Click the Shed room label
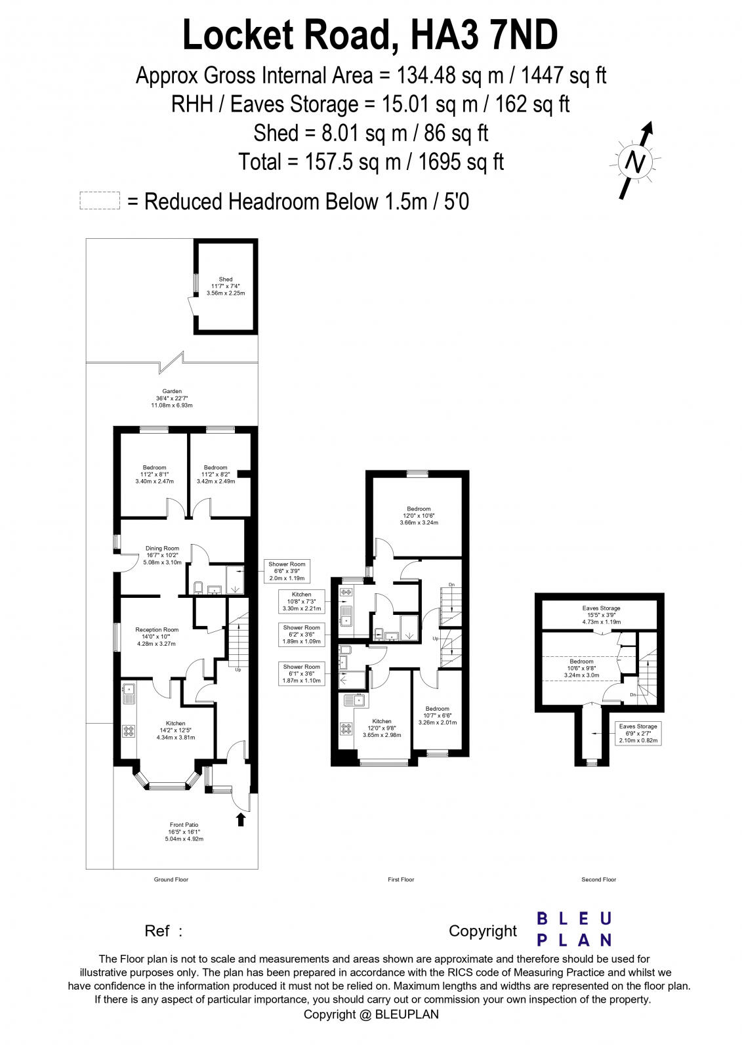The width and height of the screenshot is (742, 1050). click(225, 286)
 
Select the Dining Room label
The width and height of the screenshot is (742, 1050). click(162, 555)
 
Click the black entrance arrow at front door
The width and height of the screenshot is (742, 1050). click(241, 818)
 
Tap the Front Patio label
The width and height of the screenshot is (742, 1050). click(184, 831)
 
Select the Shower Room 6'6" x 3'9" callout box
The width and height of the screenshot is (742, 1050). click(287, 571)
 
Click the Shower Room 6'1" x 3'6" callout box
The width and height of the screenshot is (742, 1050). click(302, 674)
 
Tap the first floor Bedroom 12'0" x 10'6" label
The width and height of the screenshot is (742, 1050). click(419, 516)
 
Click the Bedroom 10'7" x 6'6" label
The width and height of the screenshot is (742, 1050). click(437, 715)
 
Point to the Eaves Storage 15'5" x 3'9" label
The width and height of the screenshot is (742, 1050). click(601, 615)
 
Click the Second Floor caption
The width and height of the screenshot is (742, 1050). click(598, 879)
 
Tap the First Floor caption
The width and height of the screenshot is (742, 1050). click(401, 879)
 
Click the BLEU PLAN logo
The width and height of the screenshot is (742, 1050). click(574, 929)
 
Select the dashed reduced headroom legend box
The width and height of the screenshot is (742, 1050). click(100, 201)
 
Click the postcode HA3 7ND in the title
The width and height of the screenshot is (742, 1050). click(484, 35)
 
